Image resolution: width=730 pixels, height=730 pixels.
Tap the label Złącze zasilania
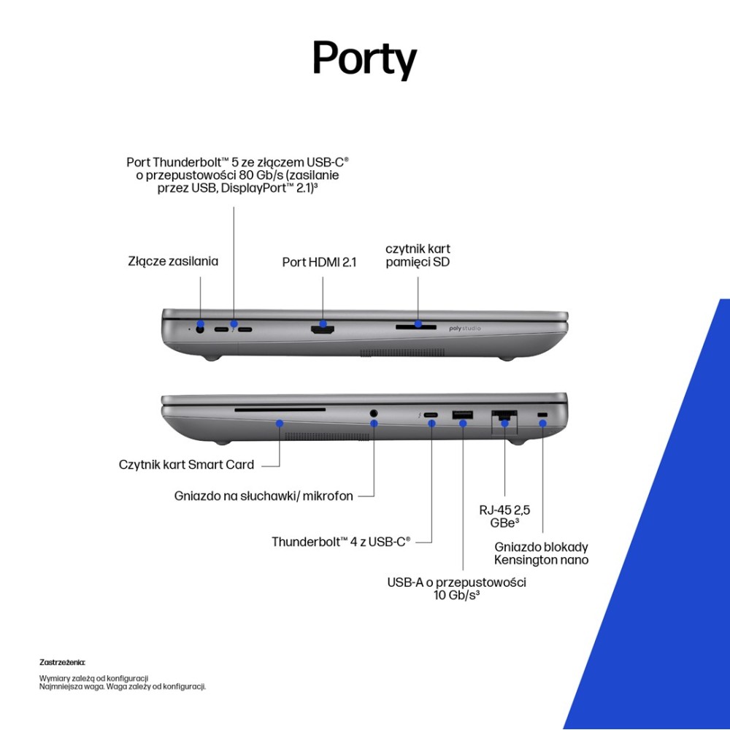(x=173, y=261)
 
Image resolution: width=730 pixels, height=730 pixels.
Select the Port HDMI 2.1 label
(x=319, y=262)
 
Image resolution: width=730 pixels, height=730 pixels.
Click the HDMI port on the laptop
(x=322, y=329)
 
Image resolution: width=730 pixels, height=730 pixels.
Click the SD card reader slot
(x=417, y=326)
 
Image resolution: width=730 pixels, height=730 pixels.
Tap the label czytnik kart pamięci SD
(x=418, y=255)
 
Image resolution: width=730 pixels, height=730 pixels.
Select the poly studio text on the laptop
(x=464, y=329)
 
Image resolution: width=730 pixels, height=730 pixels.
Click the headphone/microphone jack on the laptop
(x=374, y=414)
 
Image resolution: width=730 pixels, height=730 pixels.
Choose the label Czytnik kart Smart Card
(x=186, y=464)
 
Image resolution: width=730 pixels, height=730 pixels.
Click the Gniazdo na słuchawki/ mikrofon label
(x=264, y=496)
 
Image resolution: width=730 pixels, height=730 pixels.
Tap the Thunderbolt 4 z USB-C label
(x=341, y=542)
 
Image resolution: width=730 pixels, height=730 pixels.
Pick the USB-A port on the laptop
(x=463, y=416)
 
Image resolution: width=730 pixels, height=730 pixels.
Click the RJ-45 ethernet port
(x=504, y=417)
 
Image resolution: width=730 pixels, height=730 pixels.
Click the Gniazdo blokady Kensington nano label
(x=541, y=553)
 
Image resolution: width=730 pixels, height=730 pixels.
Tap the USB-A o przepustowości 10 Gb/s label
(x=456, y=588)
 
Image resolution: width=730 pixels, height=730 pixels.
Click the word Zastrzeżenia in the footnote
(x=62, y=663)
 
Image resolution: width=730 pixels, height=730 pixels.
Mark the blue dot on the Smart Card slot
(x=280, y=423)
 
